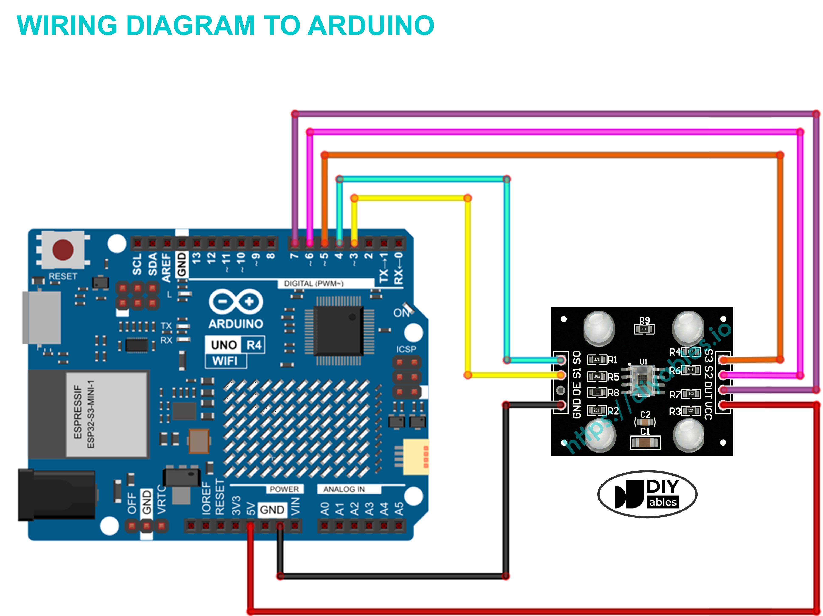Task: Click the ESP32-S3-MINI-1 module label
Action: coord(90,414)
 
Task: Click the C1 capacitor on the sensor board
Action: coord(645,443)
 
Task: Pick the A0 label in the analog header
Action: coord(325,509)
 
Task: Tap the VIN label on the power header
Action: coord(295,507)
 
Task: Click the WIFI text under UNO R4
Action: coord(225,361)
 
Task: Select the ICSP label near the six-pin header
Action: coord(406,349)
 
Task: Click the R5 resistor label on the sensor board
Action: coord(613,377)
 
